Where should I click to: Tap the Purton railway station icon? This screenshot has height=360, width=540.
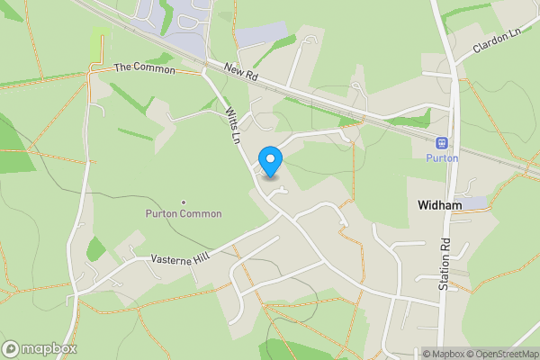pyautogui.click(x=442, y=142)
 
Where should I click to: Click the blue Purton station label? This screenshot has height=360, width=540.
pyautogui.click(x=442, y=158)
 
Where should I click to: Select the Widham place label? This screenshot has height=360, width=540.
pyautogui.click(x=440, y=205)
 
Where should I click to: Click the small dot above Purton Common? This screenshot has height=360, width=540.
pyautogui.click(x=184, y=202)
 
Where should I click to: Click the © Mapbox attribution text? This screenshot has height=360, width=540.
pyautogui.click(x=445, y=354)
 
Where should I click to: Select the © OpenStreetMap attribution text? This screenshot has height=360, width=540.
pyautogui.click(x=503, y=354)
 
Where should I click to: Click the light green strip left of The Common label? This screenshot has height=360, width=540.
pyautogui.click(x=99, y=41)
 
